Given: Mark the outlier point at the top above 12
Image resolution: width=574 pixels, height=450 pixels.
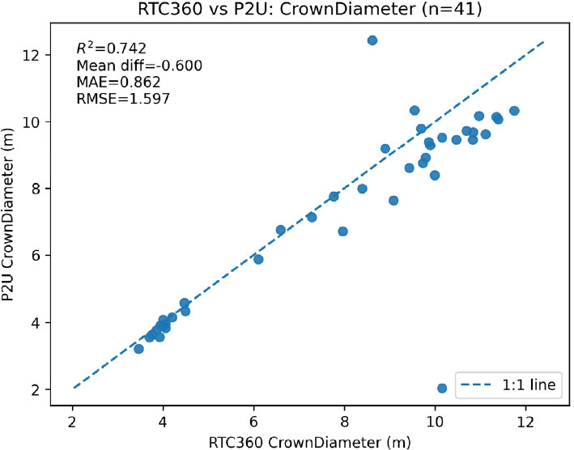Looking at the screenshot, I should (x=372, y=40).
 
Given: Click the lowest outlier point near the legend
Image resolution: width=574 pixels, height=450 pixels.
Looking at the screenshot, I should (x=442, y=388).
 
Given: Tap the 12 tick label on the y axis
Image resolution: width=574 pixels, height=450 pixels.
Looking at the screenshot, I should (x=48, y=55).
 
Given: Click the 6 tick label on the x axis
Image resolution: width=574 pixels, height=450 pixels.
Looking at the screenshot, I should (x=254, y=420).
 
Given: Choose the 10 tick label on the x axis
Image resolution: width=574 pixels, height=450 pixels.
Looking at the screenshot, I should (x=436, y=420).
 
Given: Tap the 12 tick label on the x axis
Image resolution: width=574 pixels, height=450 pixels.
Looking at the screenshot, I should (x=526, y=420).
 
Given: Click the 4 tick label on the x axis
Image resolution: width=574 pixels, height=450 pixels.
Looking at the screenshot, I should (x=164, y=420).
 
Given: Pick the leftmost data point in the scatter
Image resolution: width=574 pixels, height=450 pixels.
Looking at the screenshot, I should (x=138, y=349).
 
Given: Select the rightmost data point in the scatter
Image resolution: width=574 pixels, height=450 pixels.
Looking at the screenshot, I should (x=514, y=111).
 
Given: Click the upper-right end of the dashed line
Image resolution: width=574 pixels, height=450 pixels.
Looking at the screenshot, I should (x=544, y=41).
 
